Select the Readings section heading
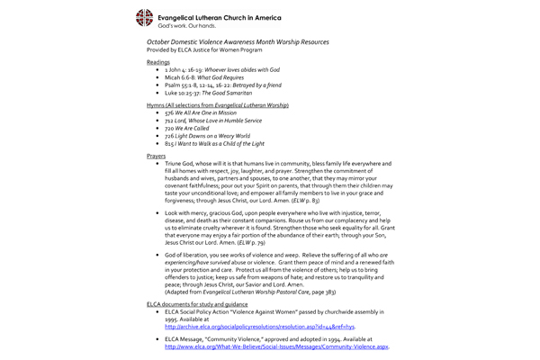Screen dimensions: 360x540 coord(158,63)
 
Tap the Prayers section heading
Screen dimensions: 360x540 coord(157,156)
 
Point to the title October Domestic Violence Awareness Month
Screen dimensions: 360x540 coord(238,42)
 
